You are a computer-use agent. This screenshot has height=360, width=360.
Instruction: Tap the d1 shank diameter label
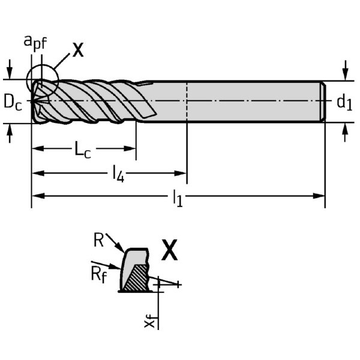click(x=344, y=103)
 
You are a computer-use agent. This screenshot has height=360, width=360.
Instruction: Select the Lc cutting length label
click(x=83, y=149)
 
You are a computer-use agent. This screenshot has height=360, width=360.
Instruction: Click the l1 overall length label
click(x=178, y=199)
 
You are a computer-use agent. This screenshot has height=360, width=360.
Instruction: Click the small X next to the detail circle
click(x=78, y=49)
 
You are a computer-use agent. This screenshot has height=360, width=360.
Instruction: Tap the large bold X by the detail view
click(x=170, y=251)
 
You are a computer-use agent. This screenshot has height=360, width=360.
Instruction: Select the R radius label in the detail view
click(x=99, y=241)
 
